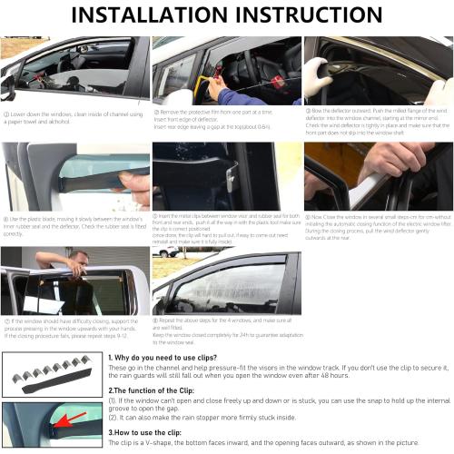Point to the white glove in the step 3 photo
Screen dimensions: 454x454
click(318, 78)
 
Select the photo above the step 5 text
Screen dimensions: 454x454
click(226, 177)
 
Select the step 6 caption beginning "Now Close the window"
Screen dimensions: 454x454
click(377, 222)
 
